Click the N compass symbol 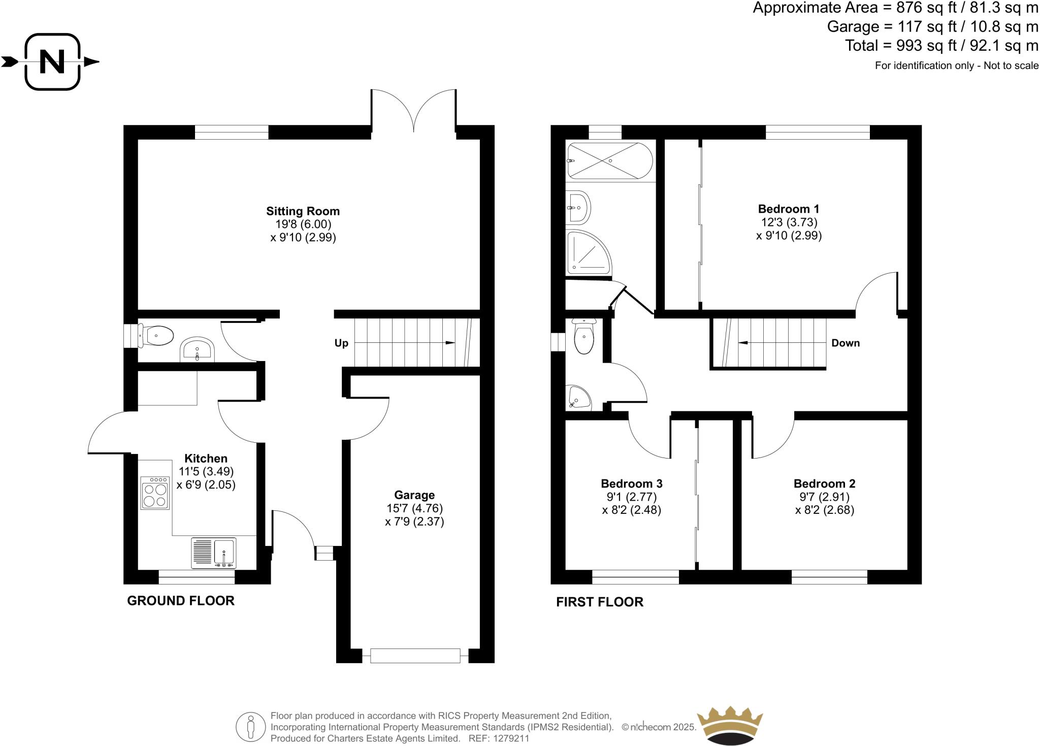[x=52, y=62]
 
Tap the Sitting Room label [x=303, y=211]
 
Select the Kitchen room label [x=206, y=458]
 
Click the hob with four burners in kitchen [x=155, y=493]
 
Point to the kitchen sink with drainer [x=214, y=553]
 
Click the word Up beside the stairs [x=341, y=343]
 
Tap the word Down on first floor [x=845, y=343]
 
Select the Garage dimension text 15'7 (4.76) [x=414, y=508]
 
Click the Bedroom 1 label [x=788, y=209]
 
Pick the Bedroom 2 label [x=824, y=483]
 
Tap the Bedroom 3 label [x=631, y=483]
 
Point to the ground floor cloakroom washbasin [x=198, y=349]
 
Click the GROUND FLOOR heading [x=180, y=601]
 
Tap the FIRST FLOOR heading [x=599, y=602]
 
